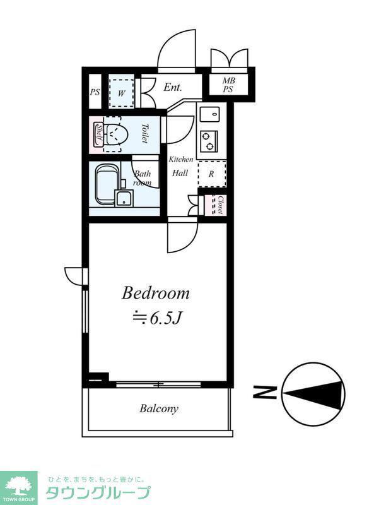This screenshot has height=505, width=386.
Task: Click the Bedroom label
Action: pyautogui.click(x=155, y=294)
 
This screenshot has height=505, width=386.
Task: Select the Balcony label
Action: pyautogui.click(x=159, y=408)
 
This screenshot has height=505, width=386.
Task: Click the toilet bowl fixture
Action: pyautogui.click(x=117, y=134)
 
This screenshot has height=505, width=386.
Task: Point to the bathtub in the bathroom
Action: pyautogui.click(x=106, y=184)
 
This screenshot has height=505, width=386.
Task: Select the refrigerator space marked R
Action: pyautogui.click(x=211, y=174)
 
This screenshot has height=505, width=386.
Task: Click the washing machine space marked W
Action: pyautogui.click(x=121, y=93)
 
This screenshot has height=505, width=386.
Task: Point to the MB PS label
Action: pyautogui.click(x=228, y=85)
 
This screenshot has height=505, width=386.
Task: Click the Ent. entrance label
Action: pyautogui.click(x=173, y=87)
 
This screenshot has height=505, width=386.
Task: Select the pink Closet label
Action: pyautogui.click(x=220, y=205)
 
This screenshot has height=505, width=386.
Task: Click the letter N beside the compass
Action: pyautogui.click(x=264, y=392)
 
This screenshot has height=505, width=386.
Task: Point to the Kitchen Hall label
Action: pyautogui.click(x=181, y=166)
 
